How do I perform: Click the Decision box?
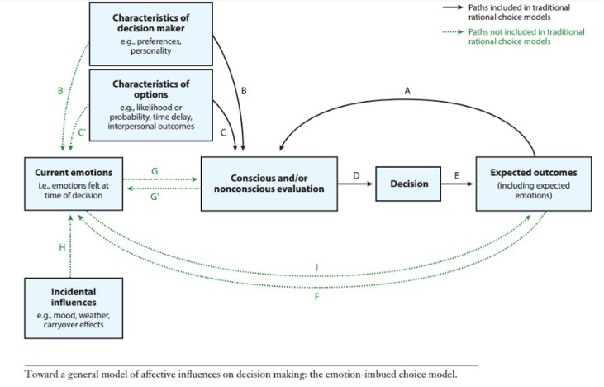click(x=409, y=183)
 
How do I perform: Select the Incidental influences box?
click(x=72, y=308)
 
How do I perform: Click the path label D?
click(x=357, y=174)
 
